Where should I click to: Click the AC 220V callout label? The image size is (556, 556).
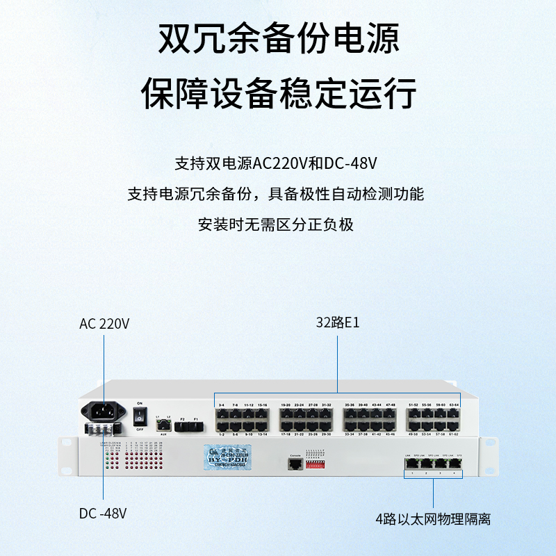[104, 324]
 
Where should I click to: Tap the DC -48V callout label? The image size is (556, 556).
[103, 514]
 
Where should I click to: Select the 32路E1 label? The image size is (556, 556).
[338, 323]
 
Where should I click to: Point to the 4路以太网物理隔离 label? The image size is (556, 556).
[433, 519]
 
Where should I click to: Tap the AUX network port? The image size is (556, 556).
[163, 423]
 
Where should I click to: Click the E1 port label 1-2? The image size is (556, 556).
[221, 434]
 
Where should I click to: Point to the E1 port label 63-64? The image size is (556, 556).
[455, 404]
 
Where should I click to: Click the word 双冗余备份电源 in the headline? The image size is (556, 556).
[279, 40]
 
